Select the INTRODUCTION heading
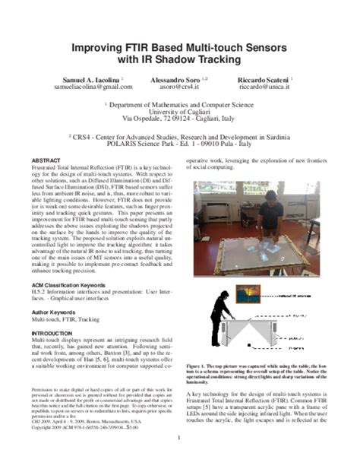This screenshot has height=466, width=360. [53, 334]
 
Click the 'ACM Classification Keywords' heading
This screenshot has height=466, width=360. [73, 283]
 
